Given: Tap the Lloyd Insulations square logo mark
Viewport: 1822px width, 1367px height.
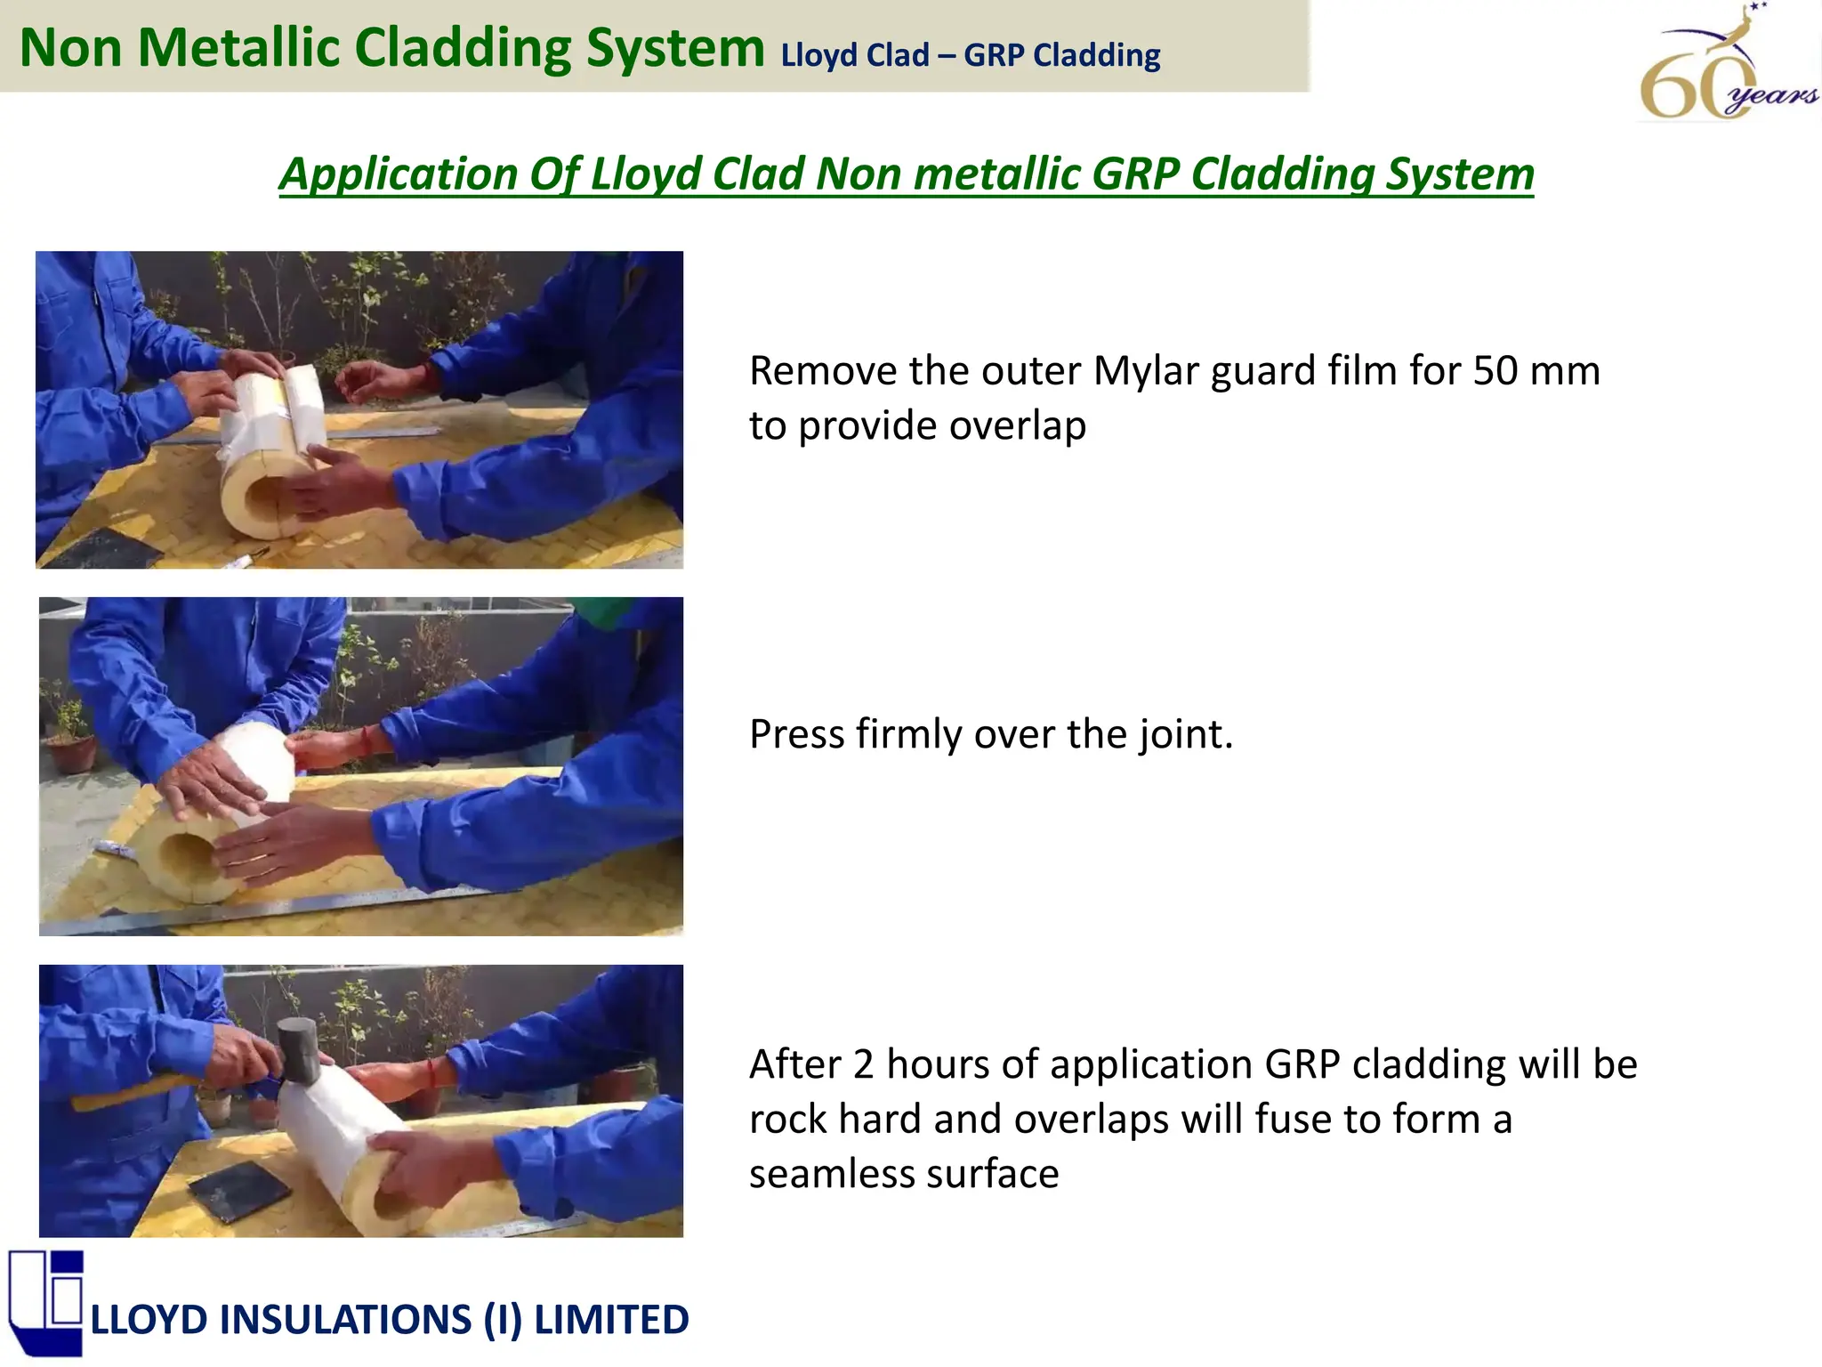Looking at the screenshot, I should click(46, 1301).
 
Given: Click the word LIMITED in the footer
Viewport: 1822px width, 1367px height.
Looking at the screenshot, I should click(611, 1320).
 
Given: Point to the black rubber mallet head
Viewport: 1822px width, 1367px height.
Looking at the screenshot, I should click(298, 1050).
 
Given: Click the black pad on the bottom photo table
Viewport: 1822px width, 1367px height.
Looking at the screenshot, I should click(238, 1190).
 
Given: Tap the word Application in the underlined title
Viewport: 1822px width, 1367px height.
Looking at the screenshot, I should click(398, 174).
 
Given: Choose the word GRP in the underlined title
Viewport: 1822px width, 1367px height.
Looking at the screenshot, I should click(1133, 174).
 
